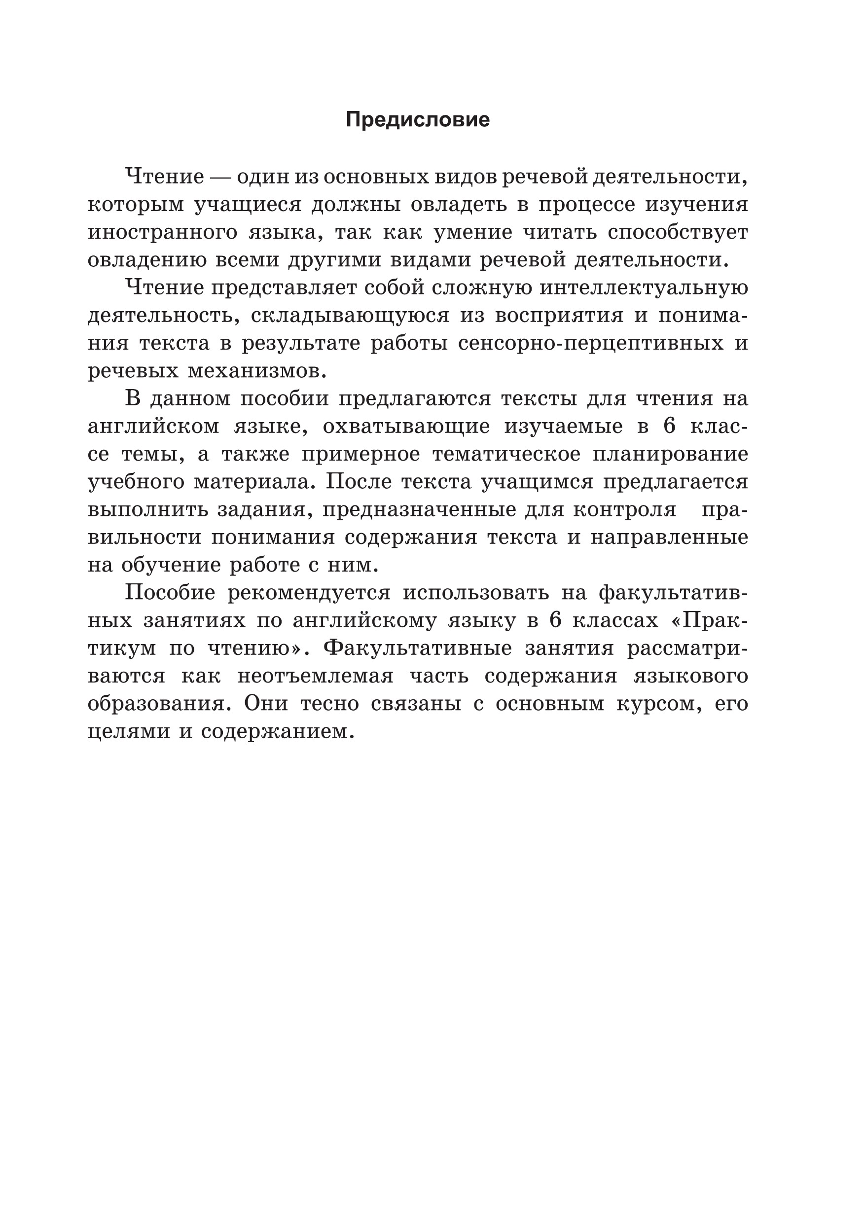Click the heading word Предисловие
[418, 120]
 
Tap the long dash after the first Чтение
[220, 177]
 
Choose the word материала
[253, 482]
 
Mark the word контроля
[625, 510]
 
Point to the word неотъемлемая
[315, 676]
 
